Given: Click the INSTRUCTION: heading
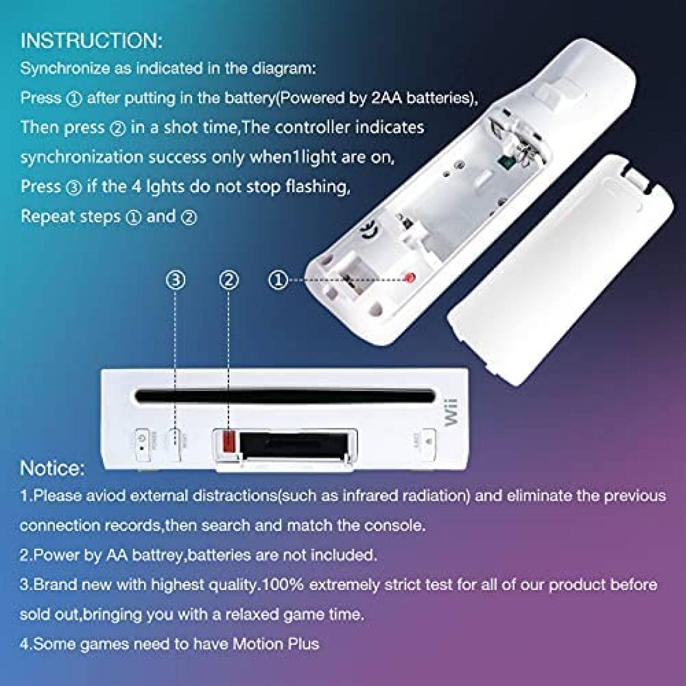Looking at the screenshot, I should point(91,40).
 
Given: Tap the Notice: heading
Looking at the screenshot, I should point(52,468).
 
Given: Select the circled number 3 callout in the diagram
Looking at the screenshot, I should point(176,280).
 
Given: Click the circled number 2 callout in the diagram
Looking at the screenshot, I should point(229,280).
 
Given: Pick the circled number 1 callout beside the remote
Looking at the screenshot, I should point(278,280).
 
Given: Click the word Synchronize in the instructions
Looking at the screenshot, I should point(64,69).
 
